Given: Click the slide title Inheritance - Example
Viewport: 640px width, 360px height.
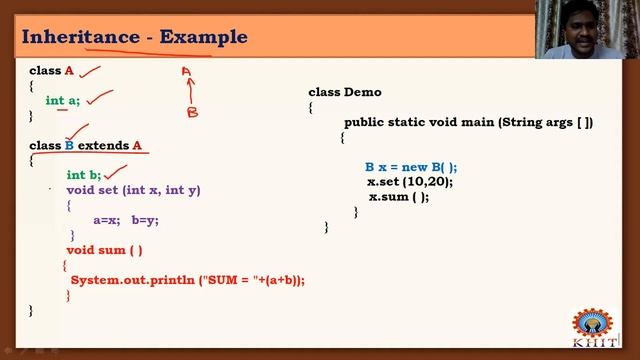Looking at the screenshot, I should coord(134,38).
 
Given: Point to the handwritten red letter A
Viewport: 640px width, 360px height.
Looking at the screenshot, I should coord(186,71).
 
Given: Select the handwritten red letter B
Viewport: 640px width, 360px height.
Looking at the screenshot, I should coord(192,113).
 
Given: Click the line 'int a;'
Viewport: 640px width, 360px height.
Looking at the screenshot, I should coord(62,100).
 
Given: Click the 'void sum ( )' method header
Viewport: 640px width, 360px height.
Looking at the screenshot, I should coord(104,250).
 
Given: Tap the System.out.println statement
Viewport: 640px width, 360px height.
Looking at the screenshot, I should coord(187,280).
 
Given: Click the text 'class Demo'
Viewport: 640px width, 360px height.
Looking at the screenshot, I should coord(344,92).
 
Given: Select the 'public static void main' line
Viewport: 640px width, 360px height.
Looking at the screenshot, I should coord(468,122).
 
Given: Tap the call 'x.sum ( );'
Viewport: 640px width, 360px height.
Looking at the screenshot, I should coord(398,197).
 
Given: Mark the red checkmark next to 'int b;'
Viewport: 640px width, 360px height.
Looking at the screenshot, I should coord(117,173).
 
